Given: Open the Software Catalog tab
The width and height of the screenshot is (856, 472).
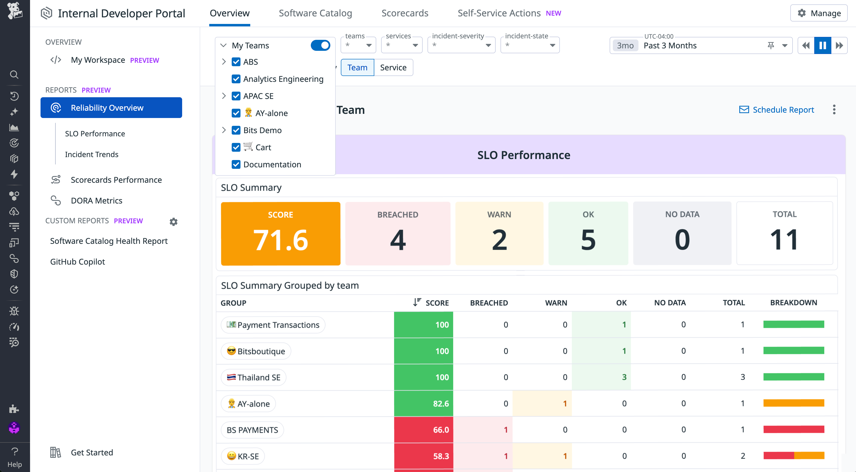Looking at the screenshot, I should (x=315, y=13).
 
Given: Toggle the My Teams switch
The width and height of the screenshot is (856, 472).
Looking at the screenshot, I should (x=320, y=45).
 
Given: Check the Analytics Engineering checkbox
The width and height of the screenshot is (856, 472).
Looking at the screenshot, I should (x=236, y=79).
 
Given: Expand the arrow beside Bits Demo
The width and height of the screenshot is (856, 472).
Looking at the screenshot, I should (x=224, y=130).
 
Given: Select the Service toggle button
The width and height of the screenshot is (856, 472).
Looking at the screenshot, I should (x=393, y=67).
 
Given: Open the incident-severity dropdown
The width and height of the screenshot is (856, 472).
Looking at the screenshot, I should (x=461, y=45).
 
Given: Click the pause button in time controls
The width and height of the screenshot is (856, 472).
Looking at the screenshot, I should (x=823, y=45).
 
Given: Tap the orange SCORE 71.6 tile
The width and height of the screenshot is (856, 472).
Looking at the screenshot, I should (x=281, y=233).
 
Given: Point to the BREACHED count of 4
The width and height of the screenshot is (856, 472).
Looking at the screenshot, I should (x=397, y=239).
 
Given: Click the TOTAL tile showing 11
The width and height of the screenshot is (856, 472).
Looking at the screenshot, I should (x=784, y=233).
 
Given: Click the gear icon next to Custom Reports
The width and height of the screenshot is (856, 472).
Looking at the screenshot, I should (x=173, y=221).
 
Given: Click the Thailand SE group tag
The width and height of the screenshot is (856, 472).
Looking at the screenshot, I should (x=253, y=377).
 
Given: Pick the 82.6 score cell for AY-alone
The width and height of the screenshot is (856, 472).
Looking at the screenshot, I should (x=423, y=404).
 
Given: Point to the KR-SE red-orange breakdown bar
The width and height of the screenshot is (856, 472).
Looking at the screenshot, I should (x=793, y=456).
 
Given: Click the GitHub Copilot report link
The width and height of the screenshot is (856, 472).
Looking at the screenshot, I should (x=77, y=262).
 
